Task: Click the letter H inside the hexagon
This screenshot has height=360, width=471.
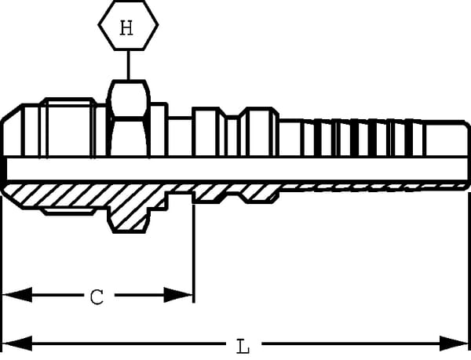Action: [127, 29]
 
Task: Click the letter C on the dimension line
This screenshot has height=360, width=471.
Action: [96, 296]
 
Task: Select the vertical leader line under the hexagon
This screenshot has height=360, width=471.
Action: [128, 67]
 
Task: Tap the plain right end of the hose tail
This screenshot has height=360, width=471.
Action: [447, 139]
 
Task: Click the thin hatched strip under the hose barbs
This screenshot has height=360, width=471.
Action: [369, 187]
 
